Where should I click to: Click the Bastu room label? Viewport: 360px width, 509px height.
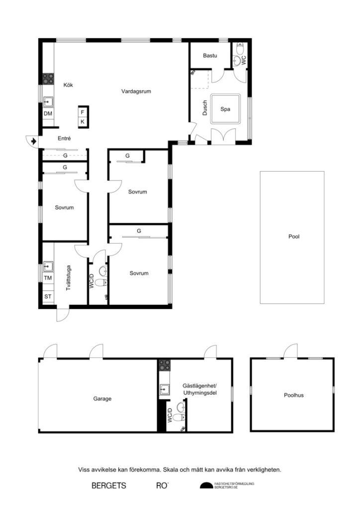pyautogui.click(x=210, y=56)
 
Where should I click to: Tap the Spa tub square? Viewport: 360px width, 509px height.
pyautogui.click(x=225, y=109)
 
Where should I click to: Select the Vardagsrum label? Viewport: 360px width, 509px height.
pyautogui.click(x=136, y=91)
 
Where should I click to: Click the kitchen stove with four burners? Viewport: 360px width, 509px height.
pyautogui.click(x=48, y=78)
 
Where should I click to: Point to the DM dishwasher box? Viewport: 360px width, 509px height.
pyautogui.click(x=48, y=114)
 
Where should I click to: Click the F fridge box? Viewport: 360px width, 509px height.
pyautogui.click(x=83, y=112)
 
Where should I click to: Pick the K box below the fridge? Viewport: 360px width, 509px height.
pyautogui.click(x=83, y=122)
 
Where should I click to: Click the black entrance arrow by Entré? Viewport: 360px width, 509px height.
pyautogui.click(x=33, y=141)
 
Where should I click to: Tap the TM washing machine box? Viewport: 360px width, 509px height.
pyautogui.click(x=48, y=278)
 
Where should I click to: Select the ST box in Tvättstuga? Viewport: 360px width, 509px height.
pyautogui.click(x=48, y=297)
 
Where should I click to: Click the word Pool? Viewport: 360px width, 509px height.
pyautogui.click(x=294, y=237)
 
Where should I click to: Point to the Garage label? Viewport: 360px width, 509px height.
pyautogui.click(x=102, y=399)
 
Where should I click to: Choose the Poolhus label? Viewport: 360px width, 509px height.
pyautogui.click(x=294, y=396)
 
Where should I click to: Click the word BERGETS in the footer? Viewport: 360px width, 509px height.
pyautogui.click(x=108, y=485)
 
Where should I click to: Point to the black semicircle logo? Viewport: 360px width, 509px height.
pyautogui.click(x=206, y=486)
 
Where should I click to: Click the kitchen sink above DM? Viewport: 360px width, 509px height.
pyautogui.click(x=48, y=102)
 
